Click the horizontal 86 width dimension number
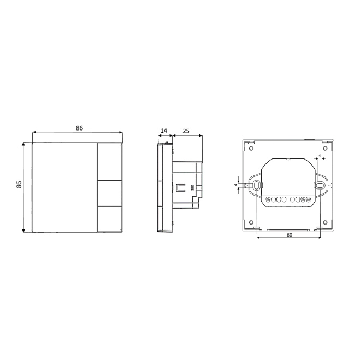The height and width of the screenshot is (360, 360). click(x=79, y=128)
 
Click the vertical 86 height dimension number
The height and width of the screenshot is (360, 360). click(x=19, y=185)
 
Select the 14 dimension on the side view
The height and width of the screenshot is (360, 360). click(x=163, y=132)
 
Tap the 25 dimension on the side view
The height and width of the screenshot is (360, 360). click(x=186, y=132)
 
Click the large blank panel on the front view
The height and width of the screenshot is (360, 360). click(x=64, y=187)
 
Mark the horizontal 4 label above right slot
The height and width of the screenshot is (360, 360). click(x=320, y=156)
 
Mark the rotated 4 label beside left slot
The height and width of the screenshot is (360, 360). click(x=236, y=185)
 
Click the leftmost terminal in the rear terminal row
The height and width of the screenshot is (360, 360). click(x=268, y=199)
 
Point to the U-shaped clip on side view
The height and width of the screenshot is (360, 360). click(x=179, y=186)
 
